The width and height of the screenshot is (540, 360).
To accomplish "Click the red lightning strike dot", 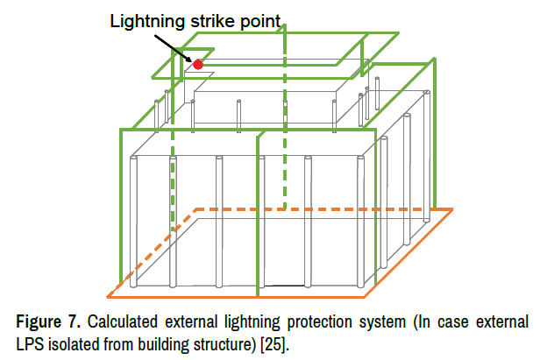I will [198, 64].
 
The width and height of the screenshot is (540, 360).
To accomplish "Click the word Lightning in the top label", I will [142, 19].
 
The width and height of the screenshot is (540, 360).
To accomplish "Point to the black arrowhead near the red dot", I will [189, 57].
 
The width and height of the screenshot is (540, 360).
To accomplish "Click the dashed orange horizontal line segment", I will [263, 210].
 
